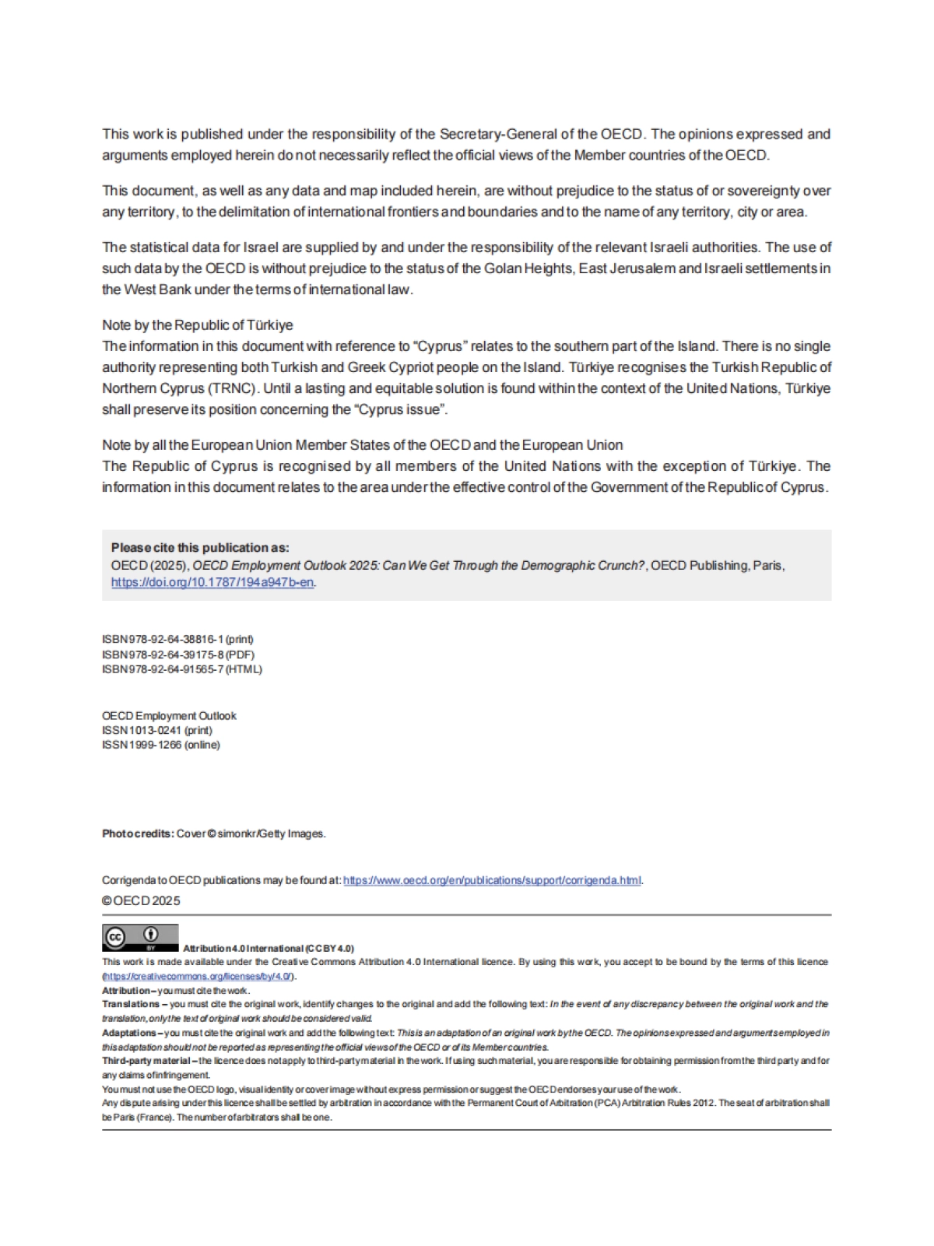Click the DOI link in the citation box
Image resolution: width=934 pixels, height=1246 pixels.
click(x=212, y=582)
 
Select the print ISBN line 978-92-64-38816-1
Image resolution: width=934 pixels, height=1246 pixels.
click(x=177, y=639)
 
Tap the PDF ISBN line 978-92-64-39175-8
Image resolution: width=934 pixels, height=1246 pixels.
click(x=177, y=655)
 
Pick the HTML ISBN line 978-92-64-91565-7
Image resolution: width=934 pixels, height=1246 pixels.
click(x=181, y=669)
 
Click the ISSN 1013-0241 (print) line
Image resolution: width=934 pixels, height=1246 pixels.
click(x=156, y=730)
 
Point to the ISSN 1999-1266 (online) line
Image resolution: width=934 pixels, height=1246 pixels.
click(x=160, y=745)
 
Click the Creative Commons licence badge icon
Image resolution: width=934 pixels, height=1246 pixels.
click(x=140, y=937)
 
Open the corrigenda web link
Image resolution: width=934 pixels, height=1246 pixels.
click(x=492, y=880)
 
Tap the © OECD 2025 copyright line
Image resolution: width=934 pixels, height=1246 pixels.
click(x=141, y=900)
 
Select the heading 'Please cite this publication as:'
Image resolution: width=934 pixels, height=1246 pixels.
click(x=200, y=548)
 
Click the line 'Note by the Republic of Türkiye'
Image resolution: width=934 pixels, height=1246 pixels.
click(x=197, y=325)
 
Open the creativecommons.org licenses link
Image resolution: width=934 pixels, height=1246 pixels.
click(x=198, y=976)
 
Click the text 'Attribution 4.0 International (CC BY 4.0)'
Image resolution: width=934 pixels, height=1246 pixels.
click(x=268, y=948)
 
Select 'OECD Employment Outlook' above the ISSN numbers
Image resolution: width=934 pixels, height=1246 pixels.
click(x=169, y=715)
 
